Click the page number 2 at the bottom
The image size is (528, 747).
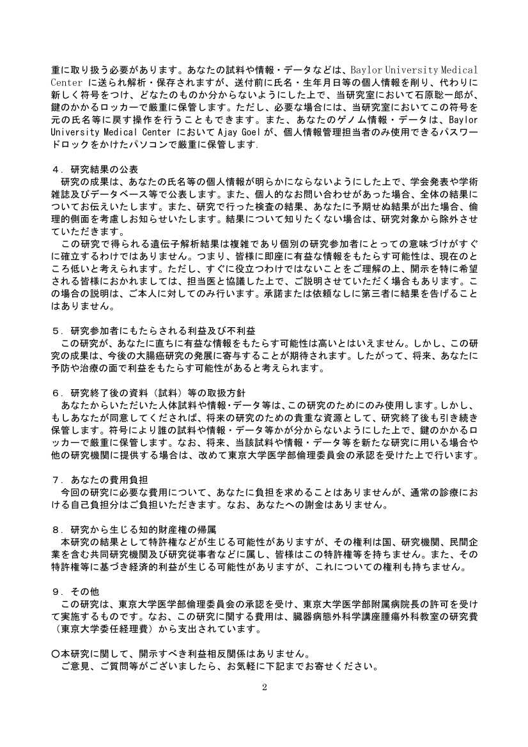264,688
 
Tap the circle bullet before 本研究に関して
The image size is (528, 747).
56,654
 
